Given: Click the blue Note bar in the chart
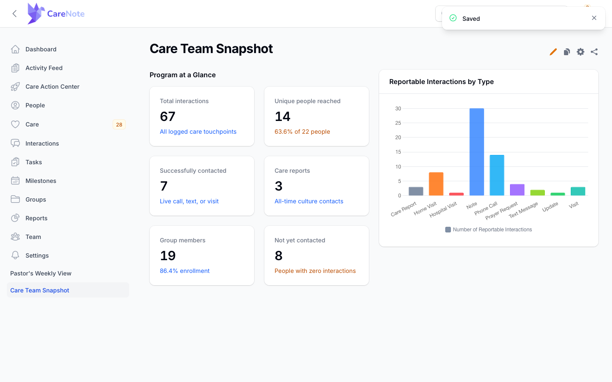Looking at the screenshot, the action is pyautogui.click(x=476, y=152).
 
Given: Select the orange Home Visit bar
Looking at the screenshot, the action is pyautogui.click(x=436, y=184).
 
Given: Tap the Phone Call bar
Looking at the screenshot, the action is pyautogui.click(x=497, y=175).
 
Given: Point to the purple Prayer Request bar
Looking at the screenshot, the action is pyautogui.click(x=517, y=190).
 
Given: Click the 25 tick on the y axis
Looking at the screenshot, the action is pyautogui.click(x=398, y=123).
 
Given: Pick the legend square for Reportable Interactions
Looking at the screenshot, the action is pyautogui.click(x=448, y=230).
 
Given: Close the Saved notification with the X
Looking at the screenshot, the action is pyautogui.click(x=594, y=18).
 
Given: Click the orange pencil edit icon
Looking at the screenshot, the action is pyautogui.click(x=553, y=52).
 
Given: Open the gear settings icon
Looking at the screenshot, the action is pyautogui.click(x=580, y=52).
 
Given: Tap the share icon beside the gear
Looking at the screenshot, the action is pyautogui.click(x=594, y=52).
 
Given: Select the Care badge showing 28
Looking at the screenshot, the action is pyautogui.click(x=119, y=124).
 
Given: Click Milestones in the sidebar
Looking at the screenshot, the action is pyautogui.click(x=41, y=181).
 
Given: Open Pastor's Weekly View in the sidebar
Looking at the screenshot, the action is pyautogui.click(x=41, y=273).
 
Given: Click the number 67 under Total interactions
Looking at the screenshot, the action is pyautogui.click(x=167, y=116).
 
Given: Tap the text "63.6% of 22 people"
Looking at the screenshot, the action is pyautogui.click(x=302, y=132).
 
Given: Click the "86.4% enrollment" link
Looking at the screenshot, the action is pyautogui.click(x=185, y=271).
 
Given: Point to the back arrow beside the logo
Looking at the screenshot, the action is pyautogui.click(x=15, y=14).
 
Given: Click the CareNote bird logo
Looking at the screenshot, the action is pyautogui.click(x=36, y=14).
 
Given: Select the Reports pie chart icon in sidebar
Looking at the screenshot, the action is pyautogui.click(x=15, y=218).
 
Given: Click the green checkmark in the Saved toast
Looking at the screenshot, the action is pyautogui.click(x=453, y=18).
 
